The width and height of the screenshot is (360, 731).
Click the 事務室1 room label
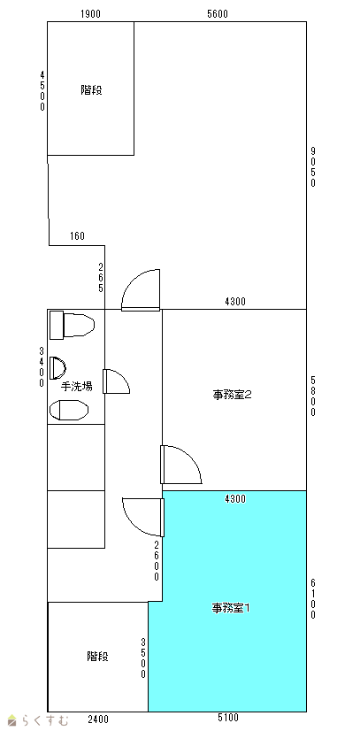[x=232, y=608]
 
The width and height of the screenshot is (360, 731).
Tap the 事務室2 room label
[x=233, y=395]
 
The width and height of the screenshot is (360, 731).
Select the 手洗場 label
[x=77, y=386]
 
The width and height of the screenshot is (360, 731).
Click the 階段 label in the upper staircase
[x=91, y=90]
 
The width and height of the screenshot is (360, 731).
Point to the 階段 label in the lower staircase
[x=98, y=657]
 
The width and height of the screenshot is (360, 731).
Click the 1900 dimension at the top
[x=90, y=14]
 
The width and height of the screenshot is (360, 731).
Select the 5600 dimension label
[x=218, y=14]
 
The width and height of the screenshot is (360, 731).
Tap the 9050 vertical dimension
[x=313, y=167]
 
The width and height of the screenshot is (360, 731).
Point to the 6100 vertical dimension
[x=313, y=598]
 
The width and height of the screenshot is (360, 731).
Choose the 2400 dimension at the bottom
[x=98, y=719]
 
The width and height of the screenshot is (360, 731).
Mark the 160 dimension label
[x=77, y=236]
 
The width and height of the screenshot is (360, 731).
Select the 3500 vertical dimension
[x=144, y=658]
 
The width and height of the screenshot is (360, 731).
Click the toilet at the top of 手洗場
[x=72, y=325]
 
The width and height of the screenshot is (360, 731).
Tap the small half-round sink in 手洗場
[x=57, y=367]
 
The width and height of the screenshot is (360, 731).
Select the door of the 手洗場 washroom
[x=117, y=381]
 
